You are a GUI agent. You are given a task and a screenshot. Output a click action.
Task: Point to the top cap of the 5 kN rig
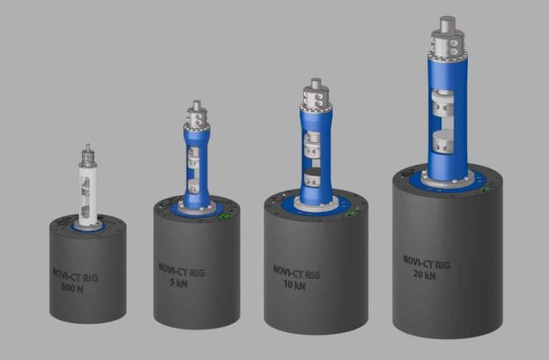click(x=196, y=115)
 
